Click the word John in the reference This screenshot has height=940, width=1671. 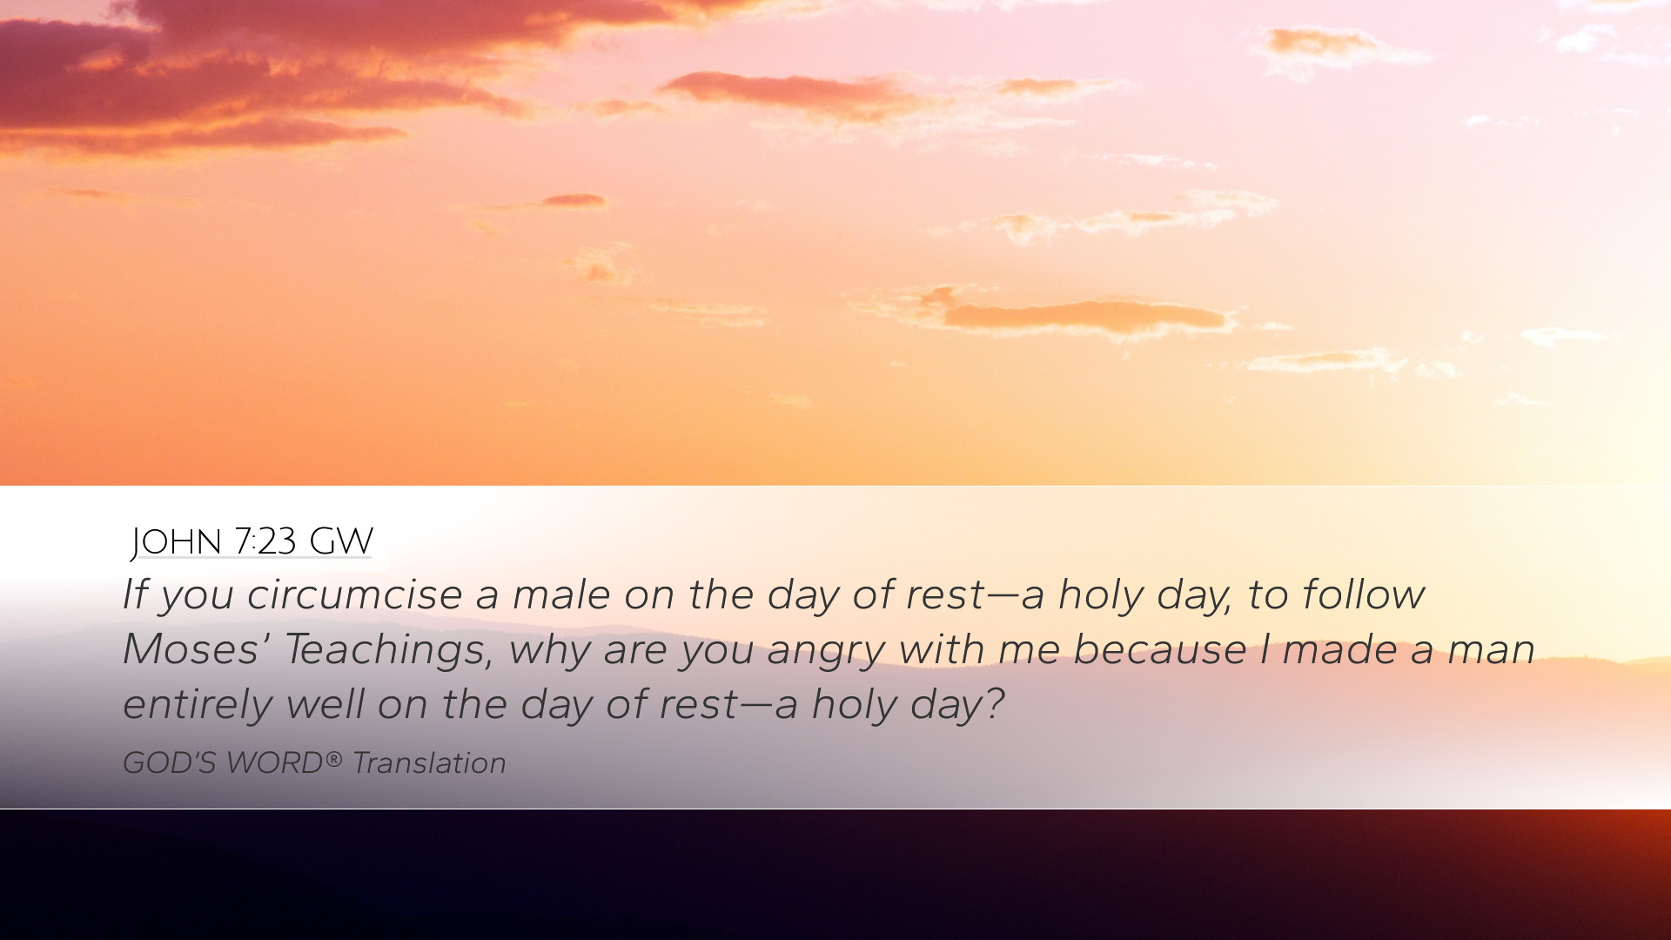point(177,541)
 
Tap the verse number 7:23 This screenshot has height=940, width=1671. point(265,541)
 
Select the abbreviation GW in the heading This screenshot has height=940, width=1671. point(341,541)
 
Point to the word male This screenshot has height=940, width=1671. point(561,595)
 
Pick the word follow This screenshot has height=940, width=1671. point(1363,595)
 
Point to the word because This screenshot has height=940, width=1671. point(1160,650)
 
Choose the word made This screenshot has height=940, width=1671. point(1339,650)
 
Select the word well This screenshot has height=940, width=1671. point(325,704)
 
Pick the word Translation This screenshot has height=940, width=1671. point(429,763)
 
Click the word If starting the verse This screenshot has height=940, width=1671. point(134,594)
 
